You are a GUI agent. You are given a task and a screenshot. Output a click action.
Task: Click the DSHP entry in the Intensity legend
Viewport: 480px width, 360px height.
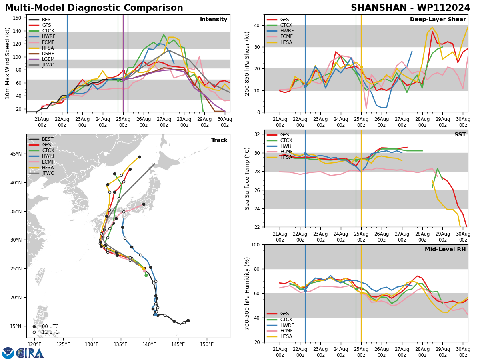(48, 54)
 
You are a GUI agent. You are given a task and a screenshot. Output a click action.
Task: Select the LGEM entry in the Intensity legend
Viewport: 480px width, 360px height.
(48, 59)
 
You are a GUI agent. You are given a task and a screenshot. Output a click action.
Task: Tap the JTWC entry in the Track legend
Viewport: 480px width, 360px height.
(48, 173)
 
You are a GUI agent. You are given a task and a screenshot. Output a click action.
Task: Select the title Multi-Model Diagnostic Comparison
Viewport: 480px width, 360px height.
(94, 8)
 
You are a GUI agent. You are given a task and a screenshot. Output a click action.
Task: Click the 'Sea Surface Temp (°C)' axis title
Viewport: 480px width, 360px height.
(248, 178)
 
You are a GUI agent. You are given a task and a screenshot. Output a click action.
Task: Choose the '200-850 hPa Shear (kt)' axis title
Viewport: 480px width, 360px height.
(248, 63)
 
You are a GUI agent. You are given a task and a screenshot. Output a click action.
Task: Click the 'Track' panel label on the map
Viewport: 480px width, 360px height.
(219, 140)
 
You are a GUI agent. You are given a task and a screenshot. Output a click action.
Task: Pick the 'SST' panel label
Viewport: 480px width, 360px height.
(460, 135)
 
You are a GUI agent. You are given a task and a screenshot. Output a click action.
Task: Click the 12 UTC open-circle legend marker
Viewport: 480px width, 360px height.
(34, 332)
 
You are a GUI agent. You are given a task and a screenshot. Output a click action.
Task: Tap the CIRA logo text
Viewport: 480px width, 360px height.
(30, 353)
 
